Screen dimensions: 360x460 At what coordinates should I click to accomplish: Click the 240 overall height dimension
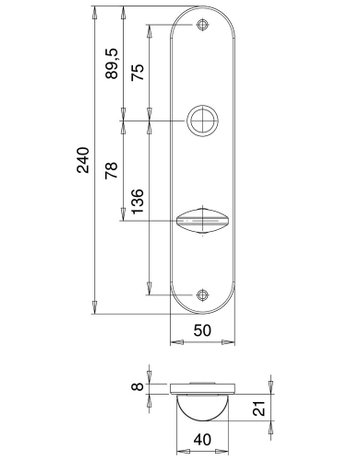tap(83, 160)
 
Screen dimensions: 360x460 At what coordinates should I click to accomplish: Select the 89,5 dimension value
tap(111, 63)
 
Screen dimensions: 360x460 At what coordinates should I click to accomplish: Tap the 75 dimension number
tap(137, 72)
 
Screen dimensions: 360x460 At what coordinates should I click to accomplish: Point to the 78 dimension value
tap(111, 170)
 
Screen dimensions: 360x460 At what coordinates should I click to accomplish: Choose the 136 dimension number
tap(137, 201)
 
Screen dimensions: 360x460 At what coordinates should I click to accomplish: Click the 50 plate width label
tap(202, 330)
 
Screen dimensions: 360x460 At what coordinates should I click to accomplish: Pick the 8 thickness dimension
tap(137, 387)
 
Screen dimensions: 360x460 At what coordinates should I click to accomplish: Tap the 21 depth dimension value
tap(259, 408)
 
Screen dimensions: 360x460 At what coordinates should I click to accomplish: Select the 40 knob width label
tap(202, 440)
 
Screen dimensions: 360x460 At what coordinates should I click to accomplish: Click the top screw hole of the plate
tap(202, 25)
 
